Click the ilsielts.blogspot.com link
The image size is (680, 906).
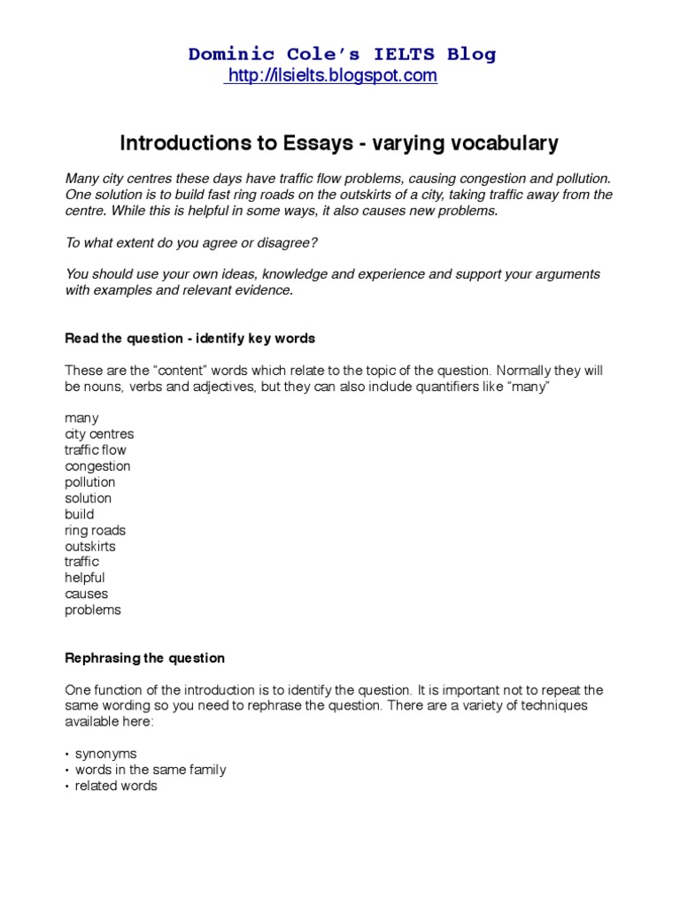(x=332, y=76)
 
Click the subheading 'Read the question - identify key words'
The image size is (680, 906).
(x=189, y=338)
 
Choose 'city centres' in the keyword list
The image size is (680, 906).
(x=99, y=434)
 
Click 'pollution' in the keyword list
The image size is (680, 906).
(x=89, y=482)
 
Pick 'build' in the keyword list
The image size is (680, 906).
(x=79, y=514)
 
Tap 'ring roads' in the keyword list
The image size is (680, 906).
(x=95, y=530)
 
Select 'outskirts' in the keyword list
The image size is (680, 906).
(x=89, y=546)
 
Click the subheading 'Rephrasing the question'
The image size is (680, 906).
(x=145, y=658)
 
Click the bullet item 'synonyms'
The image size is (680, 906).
(x=105, y=754)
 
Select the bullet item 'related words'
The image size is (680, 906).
(x=115, y=786)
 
